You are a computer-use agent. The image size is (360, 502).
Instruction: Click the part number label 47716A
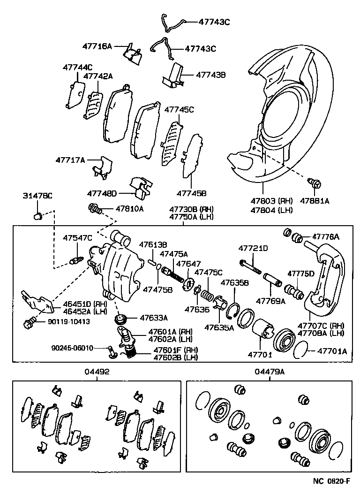tap(97, 46)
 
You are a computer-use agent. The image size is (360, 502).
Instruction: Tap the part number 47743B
tap(210, 75)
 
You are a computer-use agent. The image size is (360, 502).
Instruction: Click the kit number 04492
tap(97, 372)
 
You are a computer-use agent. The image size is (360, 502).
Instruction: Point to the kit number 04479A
tap(270, 372)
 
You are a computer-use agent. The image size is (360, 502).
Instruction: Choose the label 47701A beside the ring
tap(332, 350)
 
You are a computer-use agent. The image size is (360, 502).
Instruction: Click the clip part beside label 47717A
tap(101, 167)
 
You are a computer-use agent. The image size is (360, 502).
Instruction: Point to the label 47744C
tap(77, 67)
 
